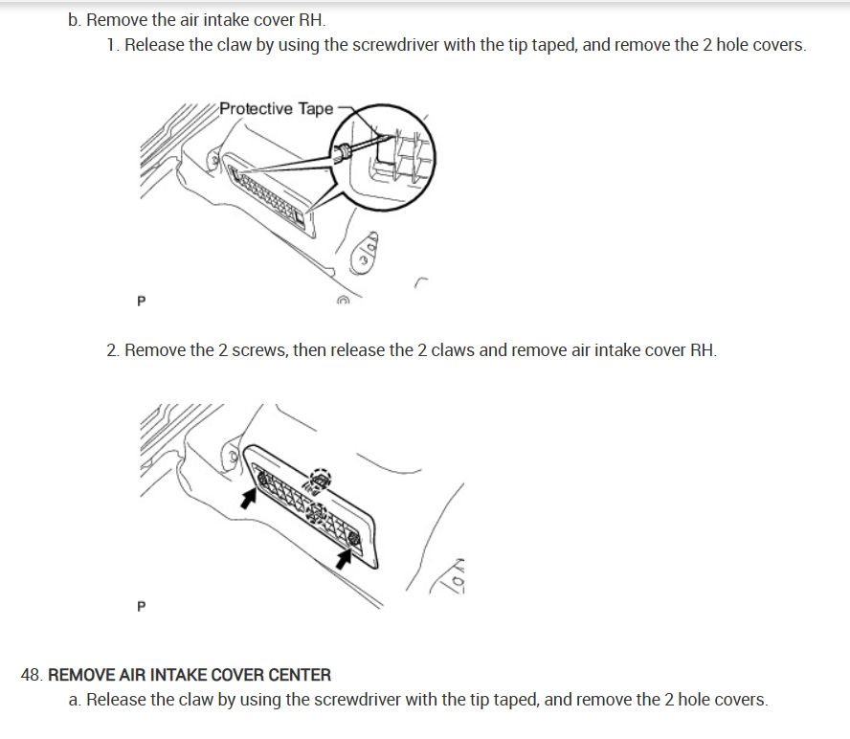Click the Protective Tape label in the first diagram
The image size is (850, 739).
coord(276,108)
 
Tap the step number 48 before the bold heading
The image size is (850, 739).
coord(32,675)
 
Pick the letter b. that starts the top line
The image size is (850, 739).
coord(75,19)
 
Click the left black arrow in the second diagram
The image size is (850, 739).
coord(249,497)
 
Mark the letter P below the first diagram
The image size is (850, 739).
coord(142,301)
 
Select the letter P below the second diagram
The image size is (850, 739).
coord(142,606)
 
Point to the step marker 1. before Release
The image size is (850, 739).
coord(113,45)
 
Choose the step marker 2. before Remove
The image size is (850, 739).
coord(113,349)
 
